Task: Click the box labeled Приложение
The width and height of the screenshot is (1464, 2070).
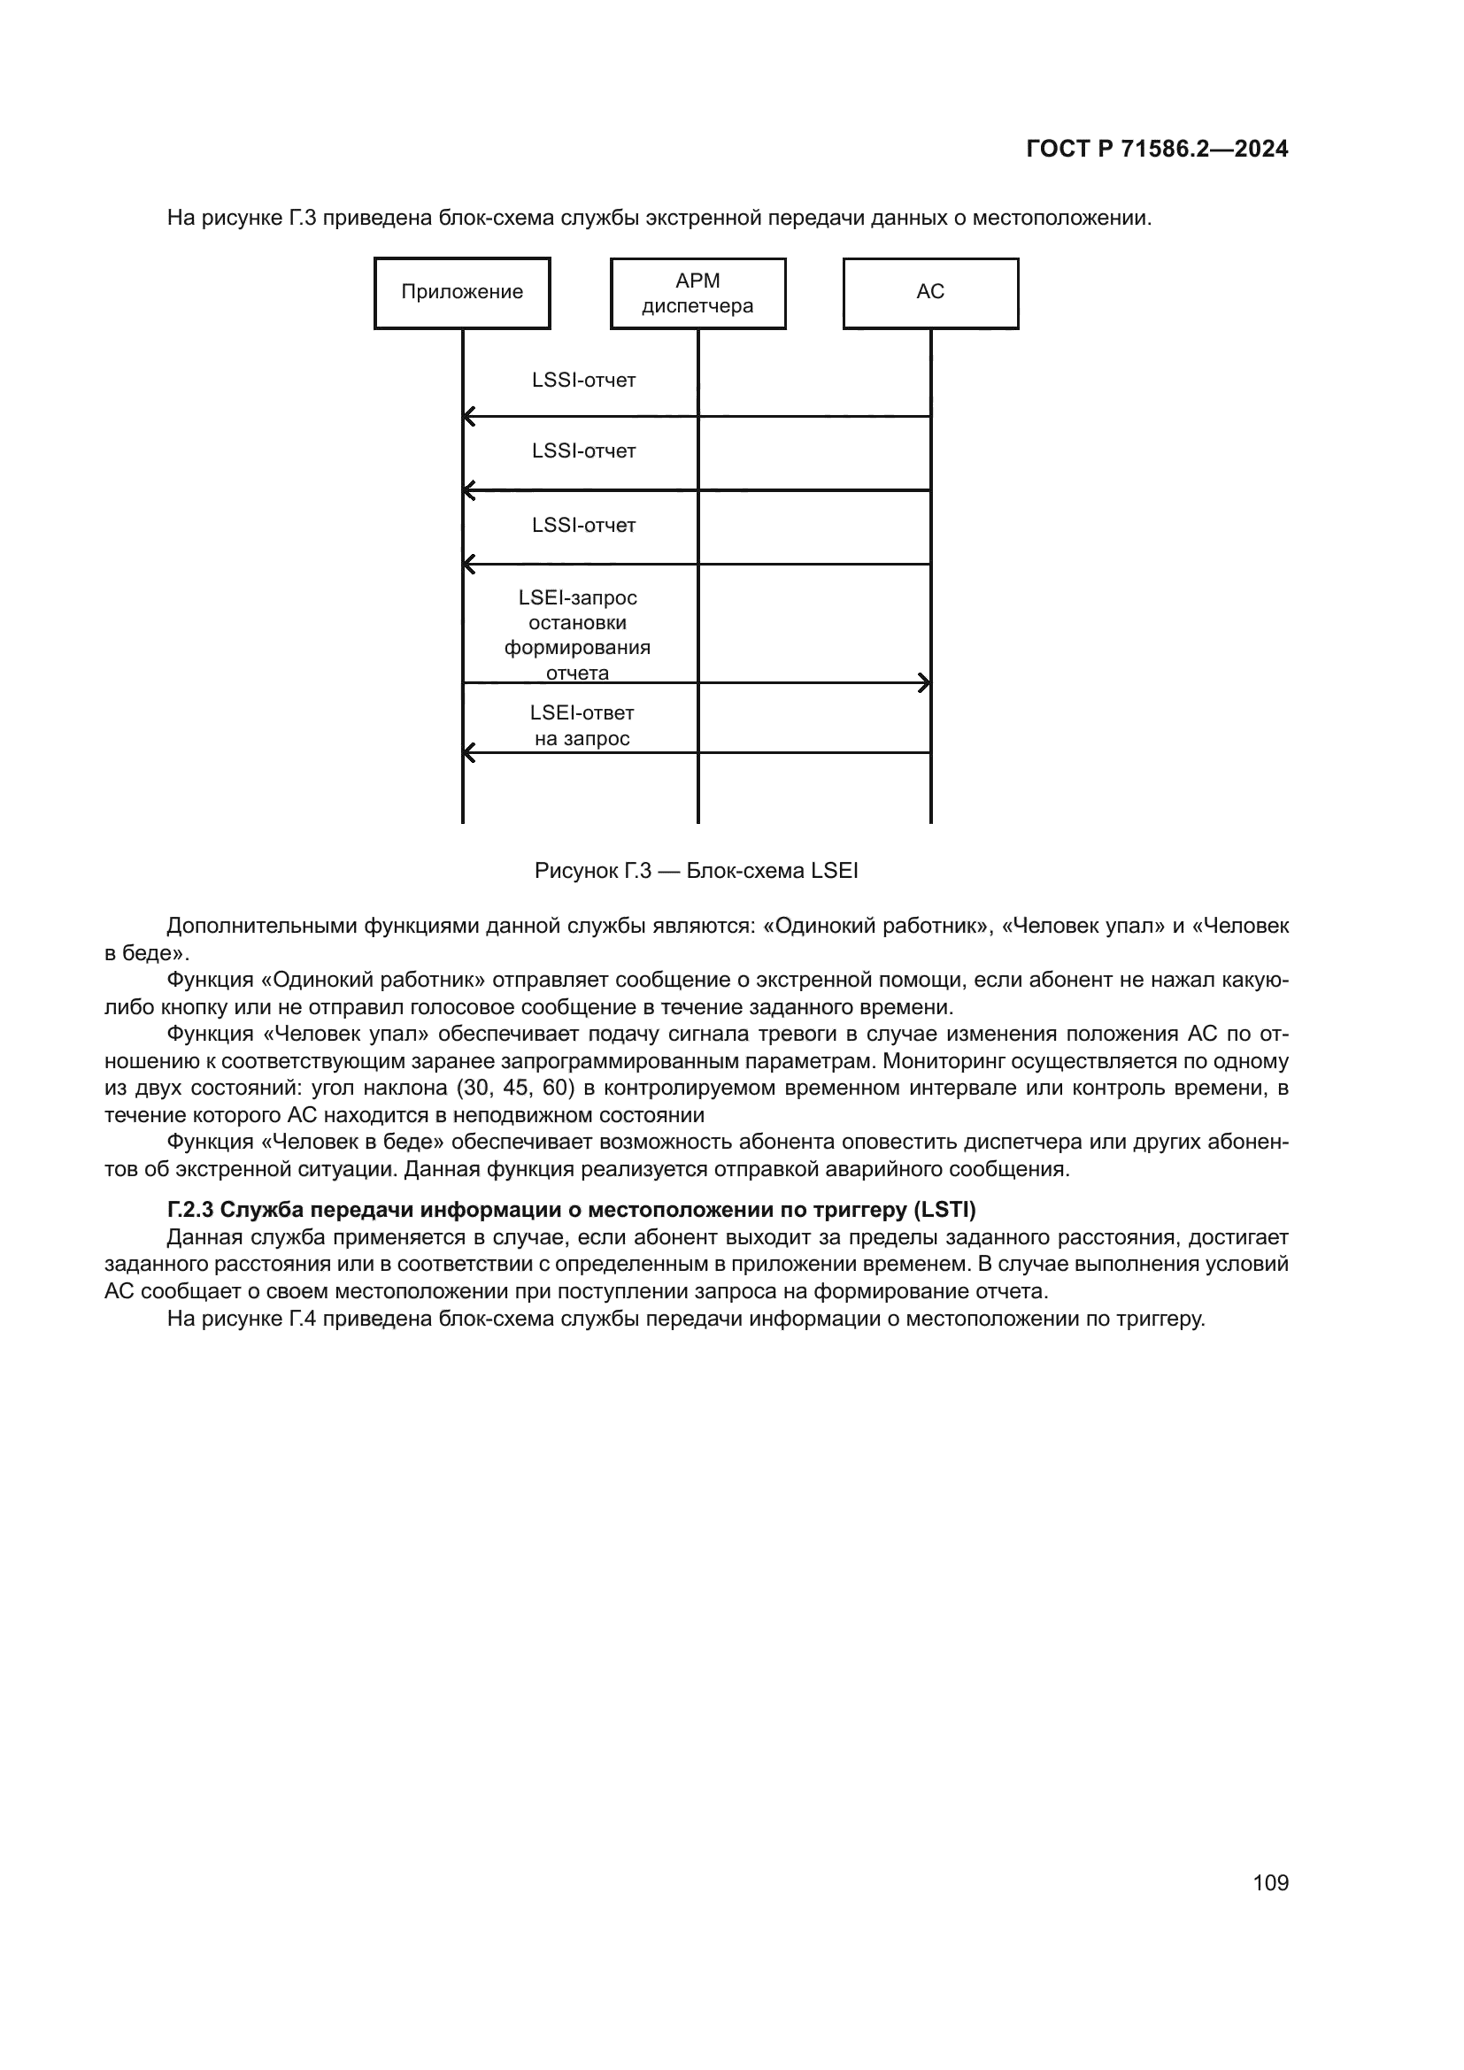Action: pos(461,293)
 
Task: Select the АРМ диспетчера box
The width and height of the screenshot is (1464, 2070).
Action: pos(697,293)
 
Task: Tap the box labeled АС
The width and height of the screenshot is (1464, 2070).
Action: pos(930,293)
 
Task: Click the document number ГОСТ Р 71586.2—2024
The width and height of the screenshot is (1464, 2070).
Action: pos(1157,150)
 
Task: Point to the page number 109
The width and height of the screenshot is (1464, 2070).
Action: pos(1270,1882)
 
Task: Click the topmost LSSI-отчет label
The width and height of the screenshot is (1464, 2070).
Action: pos(583,381)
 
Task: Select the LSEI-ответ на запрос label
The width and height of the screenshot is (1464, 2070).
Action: pos(582,726)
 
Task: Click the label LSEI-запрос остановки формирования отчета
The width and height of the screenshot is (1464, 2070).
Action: pos(577,635)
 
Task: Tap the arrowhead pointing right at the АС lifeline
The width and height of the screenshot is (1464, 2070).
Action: pos(924,682)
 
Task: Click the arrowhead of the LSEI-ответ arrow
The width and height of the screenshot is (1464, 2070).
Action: pos(469,752)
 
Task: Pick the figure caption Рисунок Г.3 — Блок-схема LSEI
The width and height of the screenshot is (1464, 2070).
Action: pos(696,871)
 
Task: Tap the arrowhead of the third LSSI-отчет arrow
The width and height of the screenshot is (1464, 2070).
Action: pos(469,565)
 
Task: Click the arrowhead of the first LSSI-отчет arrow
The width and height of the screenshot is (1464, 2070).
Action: pos(469,417)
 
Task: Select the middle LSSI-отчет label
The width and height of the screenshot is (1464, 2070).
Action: pos(583,450)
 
